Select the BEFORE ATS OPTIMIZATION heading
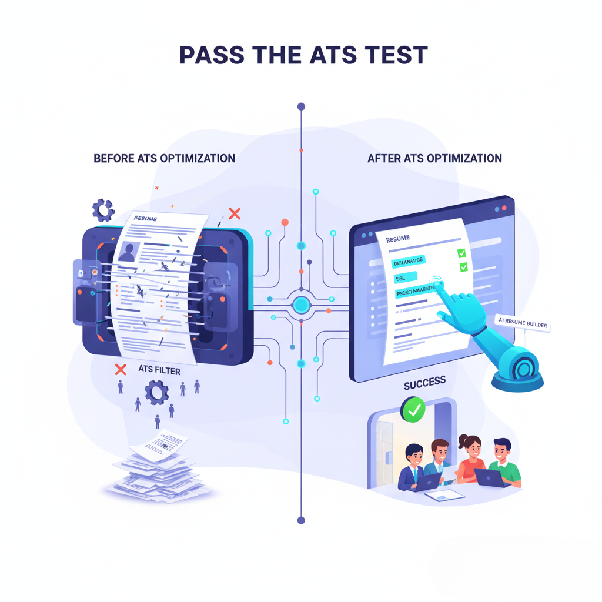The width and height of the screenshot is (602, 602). pyautogui.click(x=164, y=158)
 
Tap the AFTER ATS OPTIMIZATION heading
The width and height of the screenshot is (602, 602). pyautogui.click(x=434, y=158)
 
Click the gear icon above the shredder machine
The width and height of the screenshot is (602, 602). pyautogui.click(x=103, y=209)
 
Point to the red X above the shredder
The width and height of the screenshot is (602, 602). pyautogui.click(x=235, y=213)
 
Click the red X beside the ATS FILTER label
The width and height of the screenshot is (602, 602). pyautogui.click(x=121, y=370)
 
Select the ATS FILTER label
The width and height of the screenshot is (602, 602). pyautogui.click(x=159, y=370)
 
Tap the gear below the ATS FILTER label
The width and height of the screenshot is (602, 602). pyautogui.click(x=156, y=392)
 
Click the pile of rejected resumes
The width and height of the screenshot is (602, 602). pyautogui.click(x=156, y=470)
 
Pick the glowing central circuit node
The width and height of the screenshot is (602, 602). pyautogui.click(x=301, y=305)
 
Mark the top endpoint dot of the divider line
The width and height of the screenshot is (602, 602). pyautogui.click(x=301, y=107)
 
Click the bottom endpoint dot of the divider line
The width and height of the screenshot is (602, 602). pyautogui.click(x=301, y=520)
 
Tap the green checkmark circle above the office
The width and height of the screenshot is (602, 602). pyautogui.click(x=414, y=410)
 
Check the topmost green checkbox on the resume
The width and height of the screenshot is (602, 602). pyautogui.click(x=461, y=253)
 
